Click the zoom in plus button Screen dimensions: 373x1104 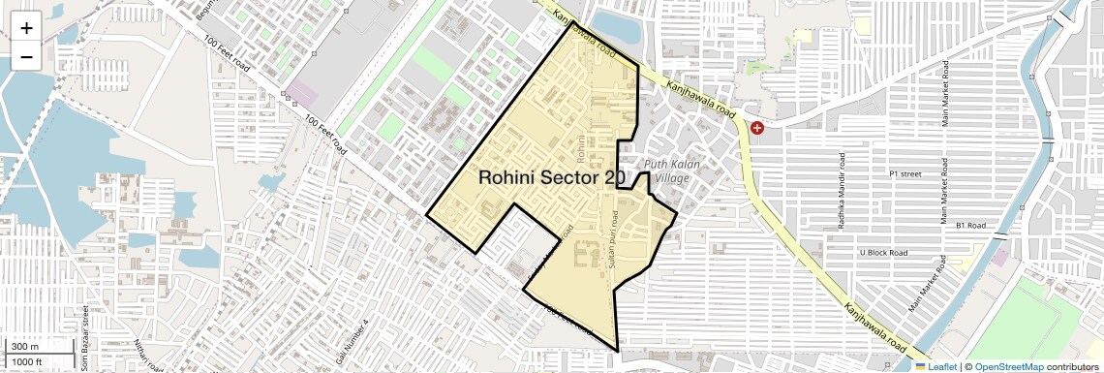click(26, 27)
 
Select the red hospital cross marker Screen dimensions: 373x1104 click(757, 127)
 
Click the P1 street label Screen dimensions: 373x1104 click(905, 174)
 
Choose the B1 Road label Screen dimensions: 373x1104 click(970, 225)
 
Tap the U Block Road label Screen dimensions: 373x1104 click(883, 253)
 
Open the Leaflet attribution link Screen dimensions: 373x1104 click(943, 366)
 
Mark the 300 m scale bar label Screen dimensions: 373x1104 click(26, 347)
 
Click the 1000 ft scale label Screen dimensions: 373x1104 click(28, 361)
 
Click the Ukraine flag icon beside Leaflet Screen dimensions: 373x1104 click(920, 366)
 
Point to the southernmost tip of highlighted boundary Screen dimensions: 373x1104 click(617, 351)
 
